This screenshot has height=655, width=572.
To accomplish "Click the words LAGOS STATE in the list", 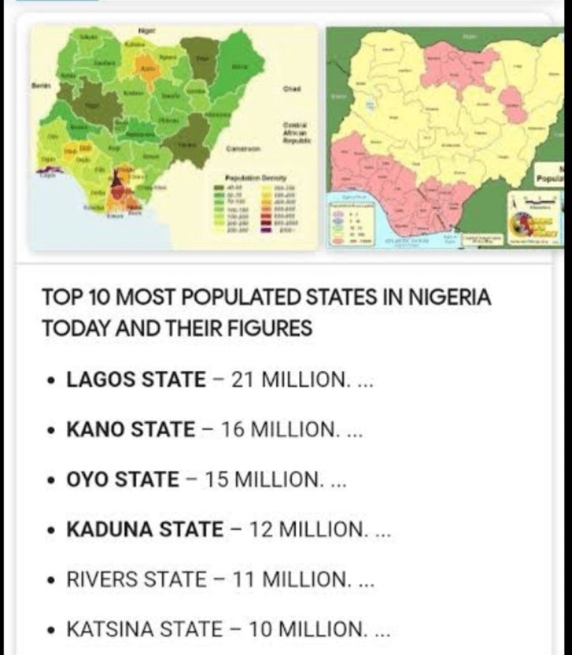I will (136, 380).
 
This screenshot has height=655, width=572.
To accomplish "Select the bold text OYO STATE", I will (123, 480).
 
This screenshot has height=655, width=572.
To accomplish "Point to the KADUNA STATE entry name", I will (145, 530).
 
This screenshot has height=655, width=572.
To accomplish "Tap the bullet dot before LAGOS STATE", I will (52, 381).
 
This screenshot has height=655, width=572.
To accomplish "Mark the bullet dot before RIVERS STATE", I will (52, 581).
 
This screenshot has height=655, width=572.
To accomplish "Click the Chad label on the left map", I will (291, 88).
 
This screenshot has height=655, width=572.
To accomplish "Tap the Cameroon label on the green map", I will (243, 148).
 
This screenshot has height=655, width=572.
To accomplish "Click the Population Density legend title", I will (256, 177).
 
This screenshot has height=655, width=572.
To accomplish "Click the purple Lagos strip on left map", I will (49, 171).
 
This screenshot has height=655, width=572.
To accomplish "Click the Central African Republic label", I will (296, 132).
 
